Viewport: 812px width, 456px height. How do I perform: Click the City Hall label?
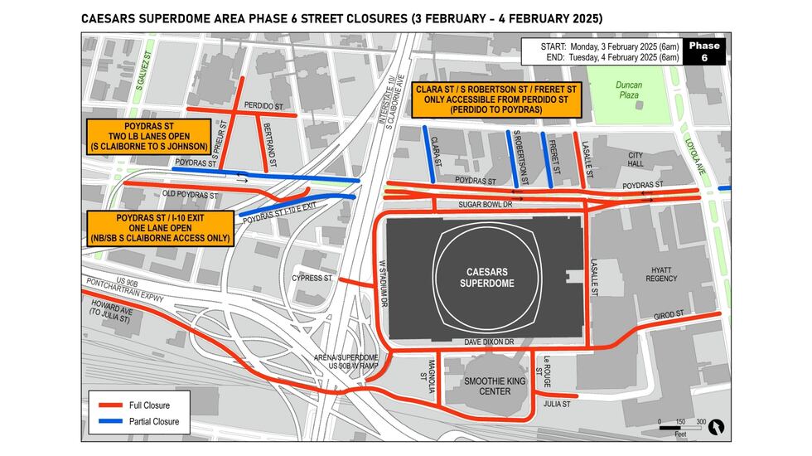pyautogui.click(x=636, y=159)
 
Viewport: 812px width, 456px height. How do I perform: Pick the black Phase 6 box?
pyautogui.click(x=704, y=51)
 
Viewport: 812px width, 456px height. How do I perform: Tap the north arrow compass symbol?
pyautogui.click(x=718, y=426)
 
